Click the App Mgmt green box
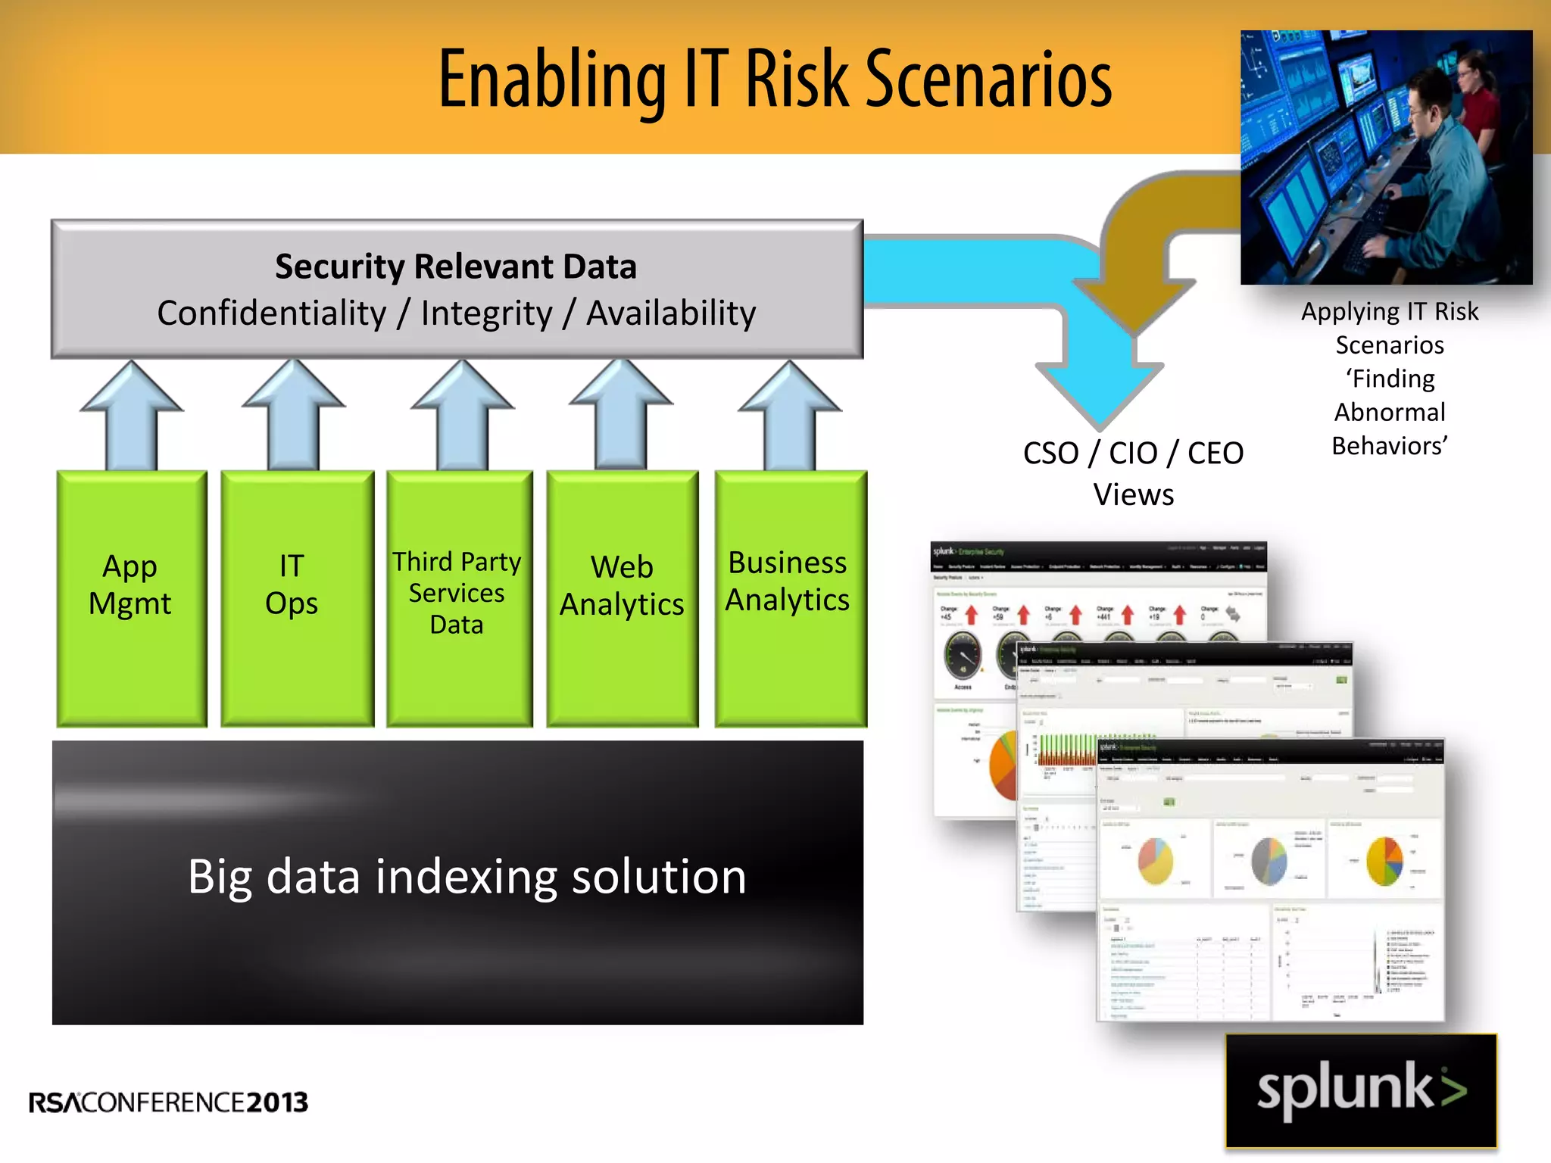click(x=131, y=598)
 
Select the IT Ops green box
click(x=297, y=598)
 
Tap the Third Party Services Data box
click(x=459, y=598)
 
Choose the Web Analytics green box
click(x=622, y=598)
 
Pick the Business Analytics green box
click(x=790, y=598)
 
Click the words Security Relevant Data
click(x=455, y=267)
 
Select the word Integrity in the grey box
click(x=486, y=313)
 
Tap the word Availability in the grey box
click(x=671, y=313)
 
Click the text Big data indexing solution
click(x=467, y=877)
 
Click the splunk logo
click(x=1361, y=1090)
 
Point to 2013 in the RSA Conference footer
click(x=277, y=1102)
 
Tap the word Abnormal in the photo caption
click(x=1390, y=412)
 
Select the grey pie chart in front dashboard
click(x=1269, y=861)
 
